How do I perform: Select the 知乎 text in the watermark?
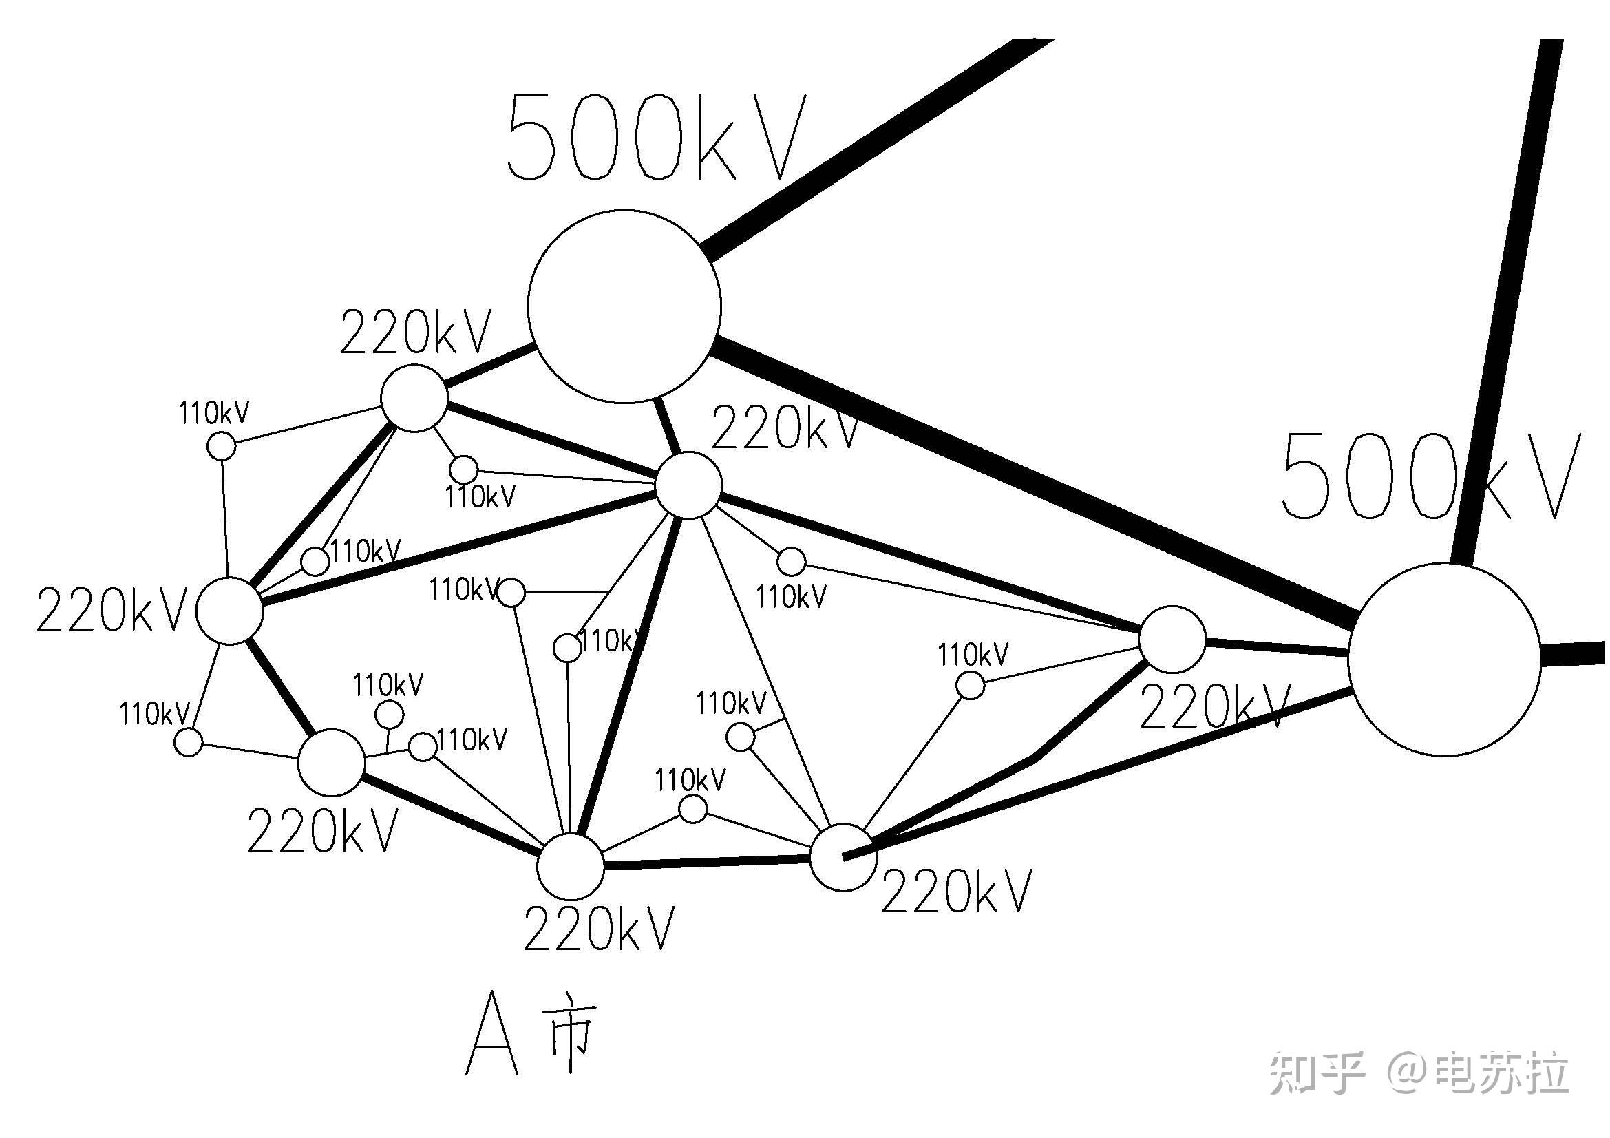pos(1316,1073)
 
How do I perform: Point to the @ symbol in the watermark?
pos(1410,1073)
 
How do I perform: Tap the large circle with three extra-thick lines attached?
pos(1445,659)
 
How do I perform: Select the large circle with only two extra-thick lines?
pos(624,306)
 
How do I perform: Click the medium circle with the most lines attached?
pos(688,485)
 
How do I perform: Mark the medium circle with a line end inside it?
pos(844,858)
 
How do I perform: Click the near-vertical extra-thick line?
pos(1507,302)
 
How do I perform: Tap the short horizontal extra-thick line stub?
pos(1574,653)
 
